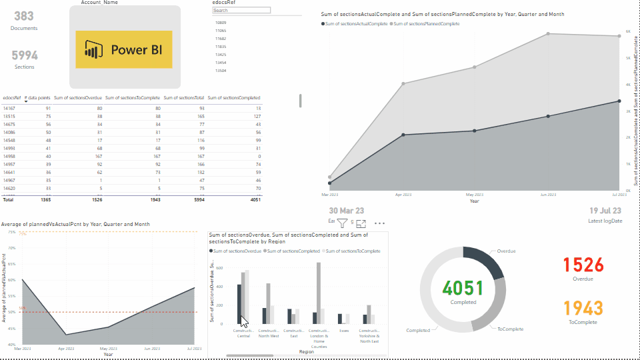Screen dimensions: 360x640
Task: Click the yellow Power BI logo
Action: coord(124,49)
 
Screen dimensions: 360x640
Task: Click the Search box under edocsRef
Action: coord(241,11)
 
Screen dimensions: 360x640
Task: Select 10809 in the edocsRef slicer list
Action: coord(221,23)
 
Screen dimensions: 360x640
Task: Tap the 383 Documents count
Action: coord(24,17)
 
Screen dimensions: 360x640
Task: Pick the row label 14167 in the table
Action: coord(9,108)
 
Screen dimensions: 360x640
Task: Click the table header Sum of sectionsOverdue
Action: coord(78,98)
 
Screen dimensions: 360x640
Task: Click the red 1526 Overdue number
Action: coord(583,265)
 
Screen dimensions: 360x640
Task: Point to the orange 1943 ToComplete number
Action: coord(583,308)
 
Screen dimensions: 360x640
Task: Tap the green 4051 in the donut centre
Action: coord(463,288)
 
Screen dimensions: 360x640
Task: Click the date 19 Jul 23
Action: coord(605,211)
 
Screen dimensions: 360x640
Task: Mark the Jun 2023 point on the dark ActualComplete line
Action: coord(548,116)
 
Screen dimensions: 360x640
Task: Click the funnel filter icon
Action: coord(342,224)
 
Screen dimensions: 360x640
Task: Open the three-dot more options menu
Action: coord(379,223)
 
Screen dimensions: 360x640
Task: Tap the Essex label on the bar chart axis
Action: coord(344,330)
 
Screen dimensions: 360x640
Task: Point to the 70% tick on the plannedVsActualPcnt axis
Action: coord(12,247)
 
